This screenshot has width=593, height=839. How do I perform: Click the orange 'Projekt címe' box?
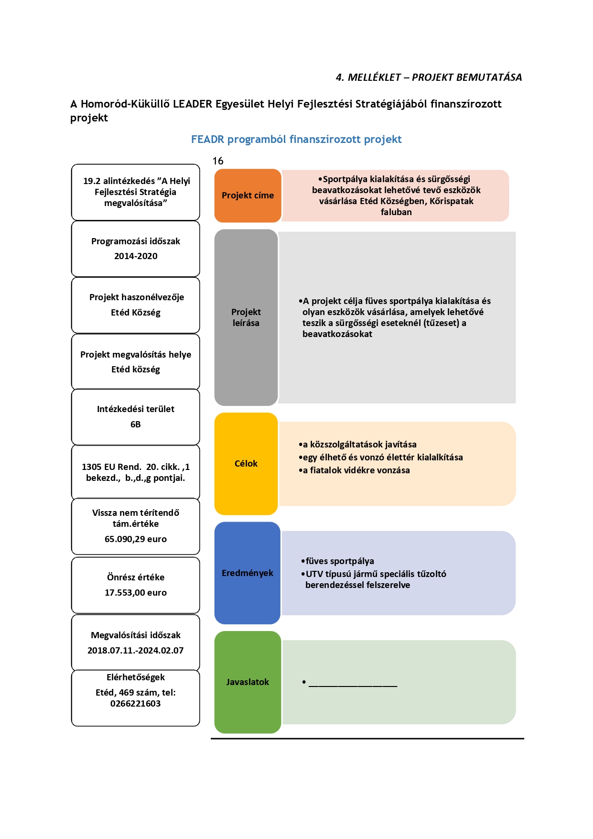click(248, 196)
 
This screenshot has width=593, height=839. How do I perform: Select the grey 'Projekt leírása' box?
click(246, 317)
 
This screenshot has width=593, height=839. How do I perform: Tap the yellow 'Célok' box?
click(246, 464)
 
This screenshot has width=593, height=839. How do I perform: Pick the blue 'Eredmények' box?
click(248, 573)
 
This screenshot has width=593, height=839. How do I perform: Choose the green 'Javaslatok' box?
click(248, 682)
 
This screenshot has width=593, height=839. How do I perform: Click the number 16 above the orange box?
click(218, 161)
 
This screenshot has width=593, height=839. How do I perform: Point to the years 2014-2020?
click(136, 256)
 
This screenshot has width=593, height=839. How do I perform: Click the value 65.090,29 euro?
click(136, 539)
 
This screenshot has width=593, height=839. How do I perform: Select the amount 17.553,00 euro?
click(136, 593)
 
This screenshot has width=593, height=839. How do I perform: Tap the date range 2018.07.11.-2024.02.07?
click(136, 651)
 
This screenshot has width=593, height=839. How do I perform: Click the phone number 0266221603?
click(136, 704)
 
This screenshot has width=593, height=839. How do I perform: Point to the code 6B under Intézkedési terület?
click(136, 425)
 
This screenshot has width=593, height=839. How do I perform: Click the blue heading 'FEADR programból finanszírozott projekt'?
click(296, 140)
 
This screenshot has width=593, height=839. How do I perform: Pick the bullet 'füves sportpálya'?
click(337, 561)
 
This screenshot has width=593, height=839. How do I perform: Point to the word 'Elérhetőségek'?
click(136, 677)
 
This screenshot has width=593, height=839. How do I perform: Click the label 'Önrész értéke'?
click(136, 577)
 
